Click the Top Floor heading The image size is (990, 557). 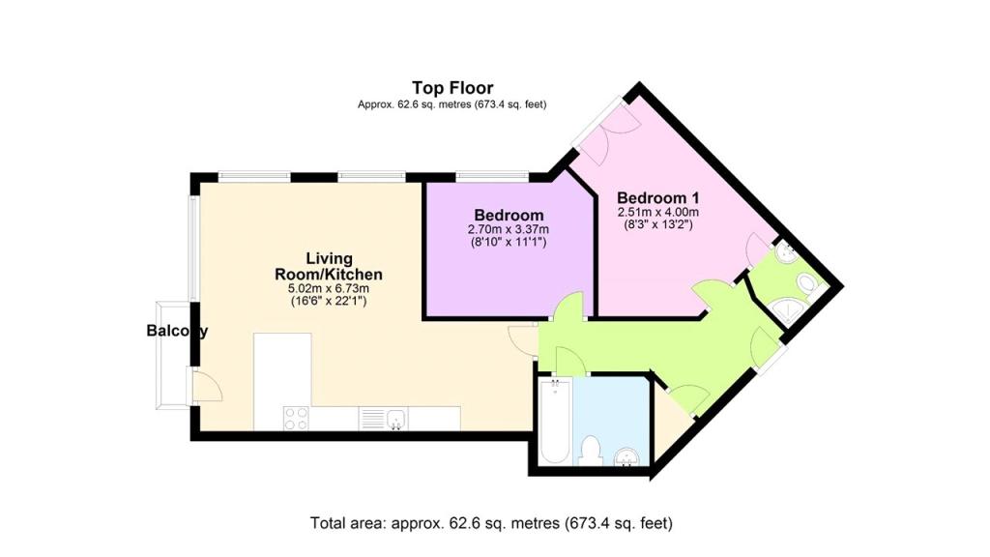[x=452, y=88]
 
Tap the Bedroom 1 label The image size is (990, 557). [x=657, y=197]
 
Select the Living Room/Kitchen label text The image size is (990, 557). [x=329, y=267]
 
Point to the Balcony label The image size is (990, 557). [x=177, y=331]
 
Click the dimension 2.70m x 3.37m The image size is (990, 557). [x=509, y=229]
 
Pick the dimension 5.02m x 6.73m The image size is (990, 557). [x=329, y=288]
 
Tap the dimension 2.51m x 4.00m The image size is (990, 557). [x=657, y=212]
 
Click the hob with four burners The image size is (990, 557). [x=296, y=418]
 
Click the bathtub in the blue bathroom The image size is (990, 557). [x=556, y=422]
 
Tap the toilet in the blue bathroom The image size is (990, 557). [x=591, y=451]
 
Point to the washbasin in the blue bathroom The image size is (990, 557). [x=626, y=457]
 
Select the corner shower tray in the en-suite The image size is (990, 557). [x=789, y=310]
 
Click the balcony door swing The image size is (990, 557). [x=208, y=386]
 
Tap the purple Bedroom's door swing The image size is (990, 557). [x=568, y=307]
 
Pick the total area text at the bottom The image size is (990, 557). [x=491, y=523]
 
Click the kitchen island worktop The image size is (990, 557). [x=282, y=369]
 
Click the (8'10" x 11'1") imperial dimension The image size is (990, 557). [x=509, y=242]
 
